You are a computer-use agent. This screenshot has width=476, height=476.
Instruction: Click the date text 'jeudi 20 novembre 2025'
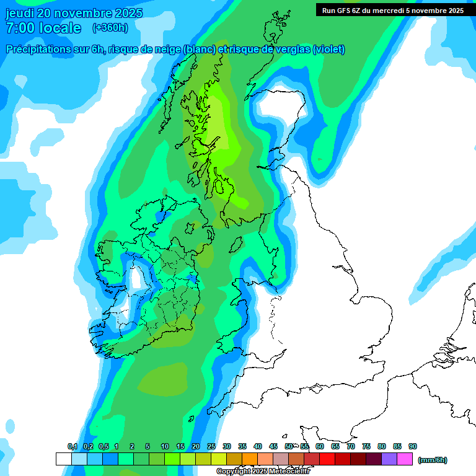[x=74, y=13]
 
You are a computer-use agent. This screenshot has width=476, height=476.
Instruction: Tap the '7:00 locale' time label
[x=43, y=28]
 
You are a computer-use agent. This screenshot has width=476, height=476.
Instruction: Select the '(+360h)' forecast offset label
[x=111, y=28]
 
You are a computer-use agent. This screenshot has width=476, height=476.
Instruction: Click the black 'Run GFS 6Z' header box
[x=393, y=10]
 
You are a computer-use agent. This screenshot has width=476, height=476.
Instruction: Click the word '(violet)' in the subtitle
[x=329, y=50]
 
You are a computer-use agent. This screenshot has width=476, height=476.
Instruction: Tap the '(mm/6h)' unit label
[x=433, y=460]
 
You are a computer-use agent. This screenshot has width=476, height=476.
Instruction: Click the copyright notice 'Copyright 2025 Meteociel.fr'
[x=263, y=472]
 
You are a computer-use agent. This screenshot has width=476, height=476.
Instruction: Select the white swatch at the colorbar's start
[x=63, y=459]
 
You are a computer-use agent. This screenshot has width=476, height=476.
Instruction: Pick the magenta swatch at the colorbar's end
[x=405, y=459]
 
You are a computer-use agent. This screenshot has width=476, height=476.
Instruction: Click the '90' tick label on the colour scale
[x=413, y=446]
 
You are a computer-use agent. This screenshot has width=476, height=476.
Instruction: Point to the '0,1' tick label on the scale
[x=72, y=446]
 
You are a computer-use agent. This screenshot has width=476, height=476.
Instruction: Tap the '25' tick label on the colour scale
[x=211, y=446]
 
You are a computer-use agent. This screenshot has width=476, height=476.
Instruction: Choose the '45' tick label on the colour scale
[x=273, y=446]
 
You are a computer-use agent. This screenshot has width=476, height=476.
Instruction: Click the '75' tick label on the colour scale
[x=366, y=446]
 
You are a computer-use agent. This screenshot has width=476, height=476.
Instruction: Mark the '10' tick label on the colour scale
[x=165, y=446]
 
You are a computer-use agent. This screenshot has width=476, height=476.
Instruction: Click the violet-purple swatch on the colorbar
[x=389, y=459]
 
